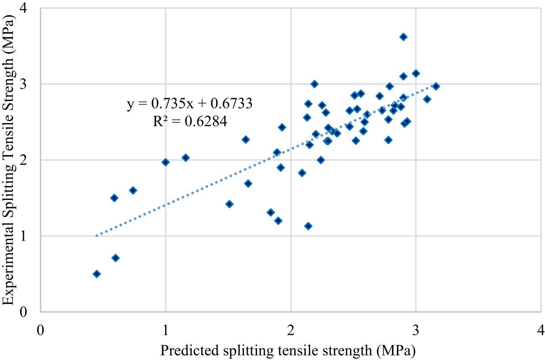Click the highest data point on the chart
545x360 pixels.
403,37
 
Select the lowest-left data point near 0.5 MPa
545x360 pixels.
96,274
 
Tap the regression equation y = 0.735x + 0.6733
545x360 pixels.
189,104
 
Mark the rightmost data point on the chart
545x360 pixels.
436,86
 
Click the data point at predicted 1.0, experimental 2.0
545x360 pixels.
166,162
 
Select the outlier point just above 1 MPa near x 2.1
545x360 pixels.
308,226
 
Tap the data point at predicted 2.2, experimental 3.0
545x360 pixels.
314,84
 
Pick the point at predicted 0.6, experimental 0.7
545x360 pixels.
116,258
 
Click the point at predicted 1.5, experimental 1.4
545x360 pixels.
229,204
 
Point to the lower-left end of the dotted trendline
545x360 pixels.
97,236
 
